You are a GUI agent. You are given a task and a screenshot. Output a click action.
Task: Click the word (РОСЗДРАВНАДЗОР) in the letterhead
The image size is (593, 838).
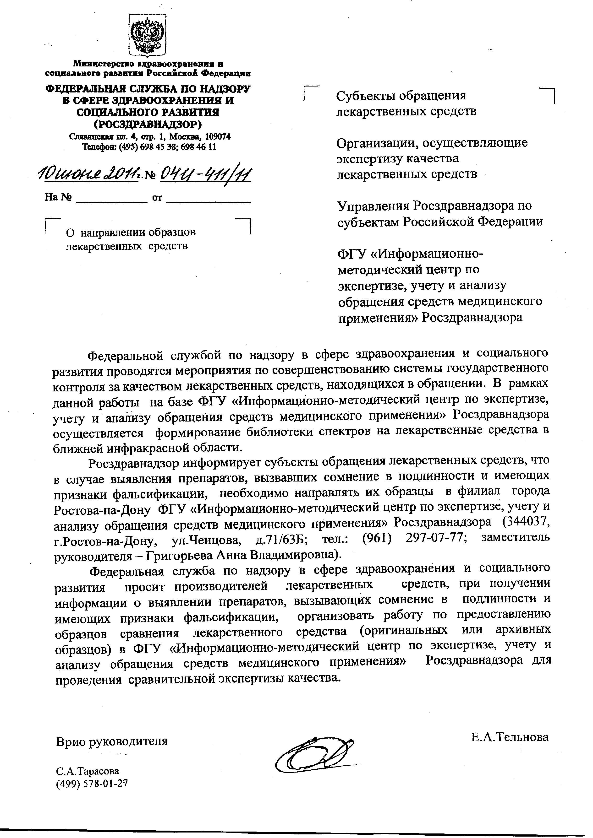pos(148,124)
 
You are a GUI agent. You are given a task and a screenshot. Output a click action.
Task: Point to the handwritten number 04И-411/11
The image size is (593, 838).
pos(206,174)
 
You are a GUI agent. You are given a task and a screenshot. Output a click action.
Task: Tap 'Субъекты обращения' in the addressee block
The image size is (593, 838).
pos(401,96)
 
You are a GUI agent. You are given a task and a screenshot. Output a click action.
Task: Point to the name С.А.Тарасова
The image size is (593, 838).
pos(88,771)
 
